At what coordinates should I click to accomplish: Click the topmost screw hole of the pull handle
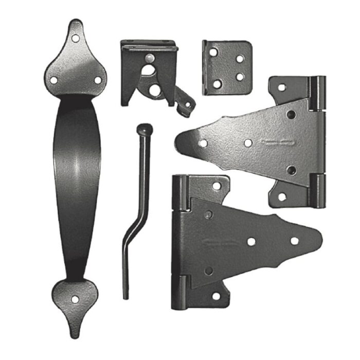coord(77,38)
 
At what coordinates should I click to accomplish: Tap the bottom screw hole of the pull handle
coord(76,298)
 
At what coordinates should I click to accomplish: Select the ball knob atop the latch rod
coord(143,129)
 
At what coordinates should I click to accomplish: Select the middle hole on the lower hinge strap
coord(251,241)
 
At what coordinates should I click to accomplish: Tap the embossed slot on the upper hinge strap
coord(276,141)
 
